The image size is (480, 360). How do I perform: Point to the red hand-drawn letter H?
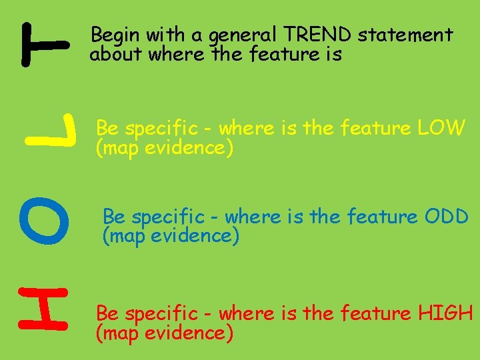pyautogui.click(x=43, y=308)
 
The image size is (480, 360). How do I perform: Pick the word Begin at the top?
pyautogui.click(x=112, y=35)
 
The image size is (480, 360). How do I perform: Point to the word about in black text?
pyautogui.click(x=116, y=54)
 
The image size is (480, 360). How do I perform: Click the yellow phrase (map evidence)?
pyautogui.click(x=165, y=148)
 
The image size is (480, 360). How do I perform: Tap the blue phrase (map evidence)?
pyautogui.click(x=170, y=236)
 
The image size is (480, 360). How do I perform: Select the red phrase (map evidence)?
pyautogui.click(x=165, y=333)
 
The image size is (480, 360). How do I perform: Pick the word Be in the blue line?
pyautogui.click(x=114, y=217)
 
